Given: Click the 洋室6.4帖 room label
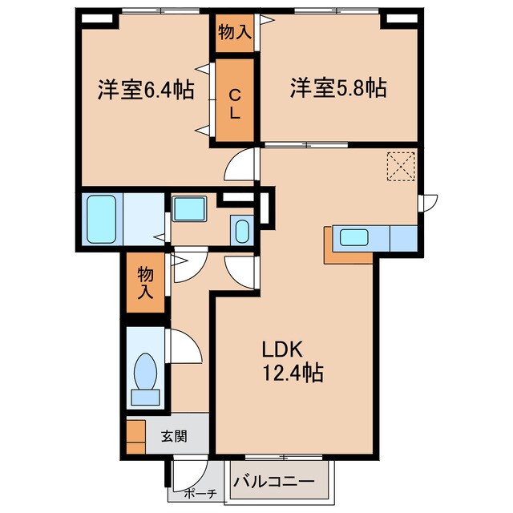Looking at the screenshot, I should (x=145, y=89).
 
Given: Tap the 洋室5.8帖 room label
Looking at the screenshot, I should (x=337, y=87).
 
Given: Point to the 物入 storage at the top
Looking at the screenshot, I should (x=234, y=33).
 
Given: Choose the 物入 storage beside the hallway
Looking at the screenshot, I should (x=144, y=282).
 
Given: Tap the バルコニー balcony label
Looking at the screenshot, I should (x=274, y=483).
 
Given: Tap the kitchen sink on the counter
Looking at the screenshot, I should (x=354, y=237).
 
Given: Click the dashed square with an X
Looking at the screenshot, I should (x=398, y=166).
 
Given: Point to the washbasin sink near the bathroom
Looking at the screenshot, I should (x=188, y=209).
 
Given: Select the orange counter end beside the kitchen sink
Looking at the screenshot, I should (x=331, y=244).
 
